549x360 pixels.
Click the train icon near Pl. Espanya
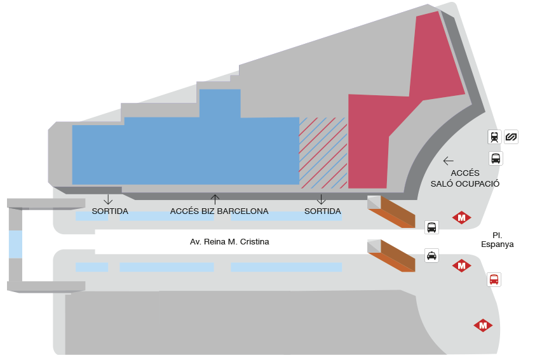(x=494, y=137)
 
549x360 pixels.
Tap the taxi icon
(x=431, y=256)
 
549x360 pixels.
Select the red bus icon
(x=494, y=279)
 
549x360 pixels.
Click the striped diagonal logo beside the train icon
(x=512, y=137)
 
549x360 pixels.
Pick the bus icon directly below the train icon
(x=496, y=158)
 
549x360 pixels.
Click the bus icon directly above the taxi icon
(x=431, y=227)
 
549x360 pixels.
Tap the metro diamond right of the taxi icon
(x=461, y=266)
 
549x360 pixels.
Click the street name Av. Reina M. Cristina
(x=229, y=242)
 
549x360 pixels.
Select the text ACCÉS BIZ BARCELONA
(x=219, y=211)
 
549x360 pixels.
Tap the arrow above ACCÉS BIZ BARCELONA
(x=215, y=199)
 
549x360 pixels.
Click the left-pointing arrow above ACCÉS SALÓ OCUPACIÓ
(x=449, y=161)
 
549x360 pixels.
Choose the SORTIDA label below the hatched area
(x=323, y=211)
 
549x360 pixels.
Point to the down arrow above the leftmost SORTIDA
(x=108, y=199)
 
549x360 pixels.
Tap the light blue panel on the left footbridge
(x=15, y=244)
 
